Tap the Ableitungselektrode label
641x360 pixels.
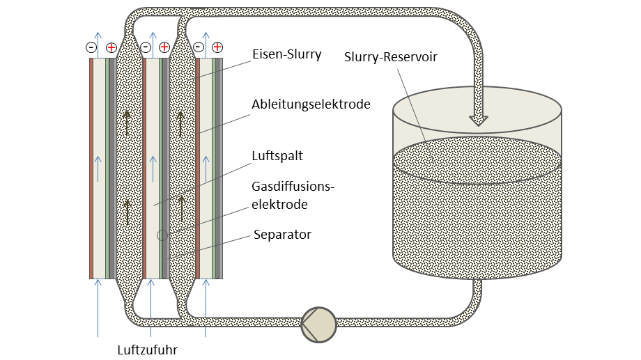(x=311, y=104)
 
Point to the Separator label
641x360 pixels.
(x=282, y=235)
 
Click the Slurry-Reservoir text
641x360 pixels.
(x=391, y=56)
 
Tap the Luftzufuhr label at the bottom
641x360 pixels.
(x=147, y=350)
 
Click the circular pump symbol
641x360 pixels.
(x=318, y=325)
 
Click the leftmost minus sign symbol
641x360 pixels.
(x=91, y=47)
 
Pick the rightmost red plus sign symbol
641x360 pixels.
(x=217, y=47)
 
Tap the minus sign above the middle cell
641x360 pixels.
(x=146, y=47)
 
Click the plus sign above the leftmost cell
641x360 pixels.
(x=111, y=47)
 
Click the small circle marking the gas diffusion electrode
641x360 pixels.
(x=162, y=235)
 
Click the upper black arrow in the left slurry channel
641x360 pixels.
(x=128, y=123)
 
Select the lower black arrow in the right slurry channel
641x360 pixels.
(x=182, y=207)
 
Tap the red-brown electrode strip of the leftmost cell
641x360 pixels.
(x=91, y=167)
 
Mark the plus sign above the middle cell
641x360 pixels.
(x=164, y=47)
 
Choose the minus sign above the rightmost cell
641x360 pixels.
(x=199, y=47)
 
